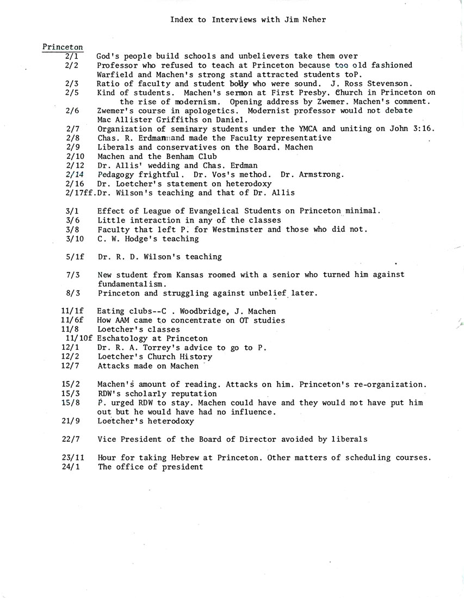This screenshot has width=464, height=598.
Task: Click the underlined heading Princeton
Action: (x=63, y=47)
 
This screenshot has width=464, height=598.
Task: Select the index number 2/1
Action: (x=72, y=56)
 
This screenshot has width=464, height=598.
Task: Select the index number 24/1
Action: (x=72, y=467)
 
